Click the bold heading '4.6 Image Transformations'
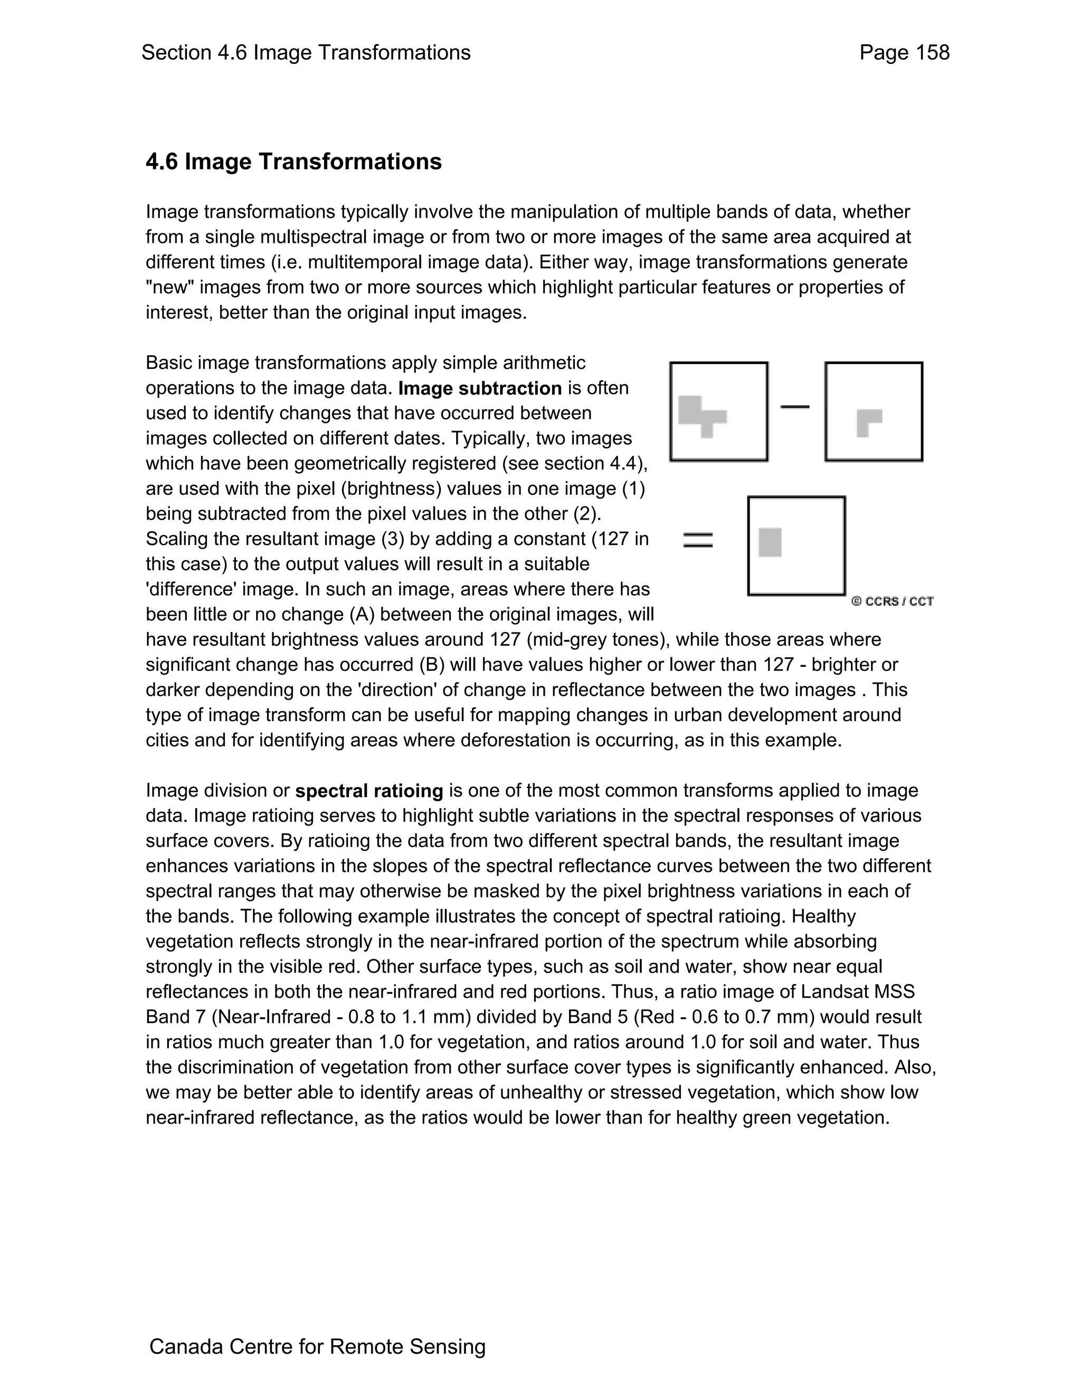pos(293,161)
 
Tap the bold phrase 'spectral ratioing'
pos(369,791)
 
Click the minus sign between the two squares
pos(795,406)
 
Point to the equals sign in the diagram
pos(698,540)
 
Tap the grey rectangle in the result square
pos(770,542)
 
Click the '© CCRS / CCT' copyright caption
pos(892,601)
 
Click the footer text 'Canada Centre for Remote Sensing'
pos(317,1347)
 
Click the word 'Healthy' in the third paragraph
pos(823,917)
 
